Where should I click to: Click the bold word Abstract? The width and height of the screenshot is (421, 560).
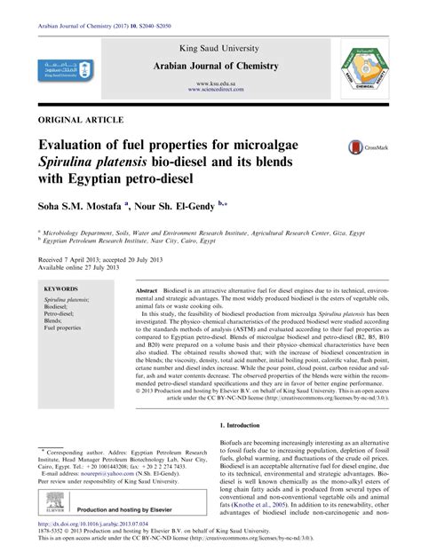(147, 290)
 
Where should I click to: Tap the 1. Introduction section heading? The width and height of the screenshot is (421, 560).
(247, 425)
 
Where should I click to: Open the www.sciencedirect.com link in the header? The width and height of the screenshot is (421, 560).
(210, 89)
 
